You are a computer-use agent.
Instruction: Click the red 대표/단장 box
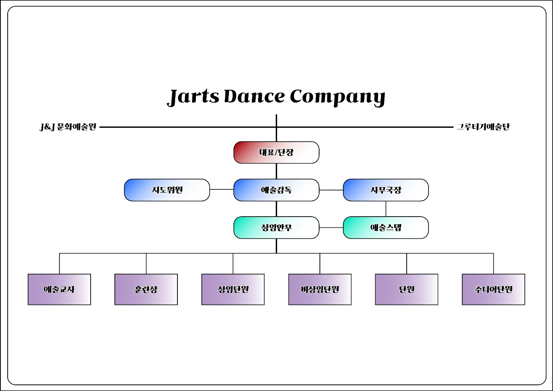[276, 152]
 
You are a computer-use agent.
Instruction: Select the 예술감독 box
[276, 190]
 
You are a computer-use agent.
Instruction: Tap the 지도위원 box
[167, 190]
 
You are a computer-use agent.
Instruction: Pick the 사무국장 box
[386, 190]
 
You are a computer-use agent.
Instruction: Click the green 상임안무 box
[276, 227]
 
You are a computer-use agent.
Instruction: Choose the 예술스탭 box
[386, 227]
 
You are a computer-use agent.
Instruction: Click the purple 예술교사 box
[59, 289]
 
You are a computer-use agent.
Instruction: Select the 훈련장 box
[146, 289]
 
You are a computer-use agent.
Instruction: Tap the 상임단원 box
[233, 289]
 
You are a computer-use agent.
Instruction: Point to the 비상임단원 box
[320, 289]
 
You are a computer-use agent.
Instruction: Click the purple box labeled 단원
[406, 289]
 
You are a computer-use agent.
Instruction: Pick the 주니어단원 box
[493, 289]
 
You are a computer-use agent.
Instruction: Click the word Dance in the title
[254, 96]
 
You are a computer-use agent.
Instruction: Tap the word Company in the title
[337, 97]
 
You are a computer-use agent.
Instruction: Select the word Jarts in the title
[194, 97]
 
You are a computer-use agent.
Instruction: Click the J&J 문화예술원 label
[68, 127]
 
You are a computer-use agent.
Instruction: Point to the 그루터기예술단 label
[483, 127]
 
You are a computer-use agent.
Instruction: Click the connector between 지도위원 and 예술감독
[222, 189]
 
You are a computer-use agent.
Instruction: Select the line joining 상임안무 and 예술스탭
[331, 227]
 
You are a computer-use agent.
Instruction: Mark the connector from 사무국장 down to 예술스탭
[386, 209]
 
